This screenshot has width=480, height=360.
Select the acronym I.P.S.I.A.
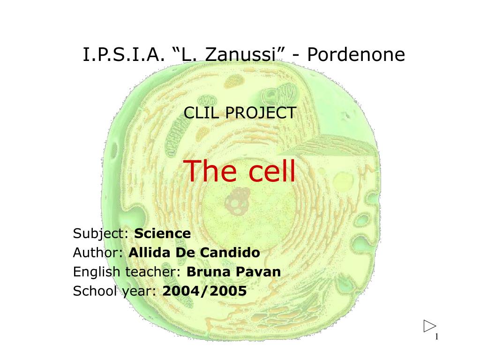(123, 55)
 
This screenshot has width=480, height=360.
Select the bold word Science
(163, 233)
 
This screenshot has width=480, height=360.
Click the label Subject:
(101, 233)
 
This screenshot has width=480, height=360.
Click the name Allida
(150, 253)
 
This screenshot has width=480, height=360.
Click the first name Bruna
(207, 272)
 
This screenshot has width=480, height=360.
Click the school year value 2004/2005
(204, 291)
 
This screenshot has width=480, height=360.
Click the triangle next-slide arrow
(429, 326)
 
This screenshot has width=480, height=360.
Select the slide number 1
(436, 337)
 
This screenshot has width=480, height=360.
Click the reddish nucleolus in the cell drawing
(240, 195)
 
